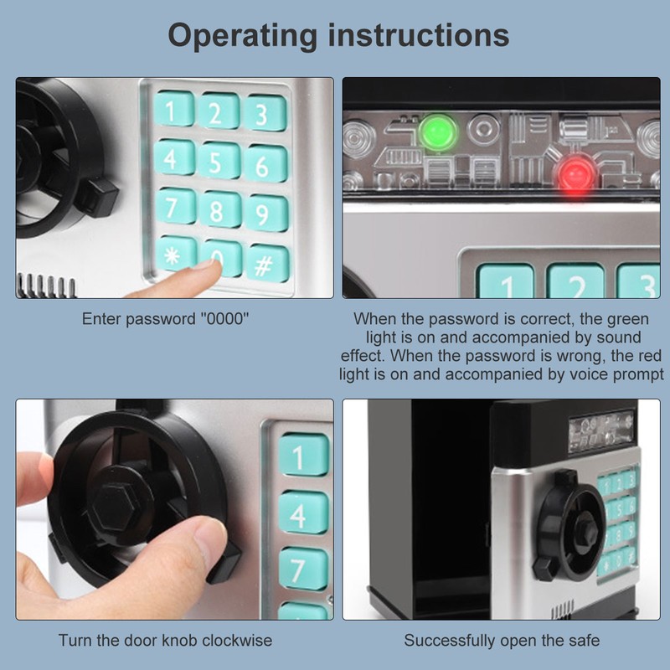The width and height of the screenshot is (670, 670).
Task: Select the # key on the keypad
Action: pyautogui.click(x=266, y=262)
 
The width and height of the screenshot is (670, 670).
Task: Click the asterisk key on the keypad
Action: pyautogui.click(x=175, y=255)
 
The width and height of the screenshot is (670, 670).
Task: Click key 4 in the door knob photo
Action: pyautogui.click(x=304, y=513)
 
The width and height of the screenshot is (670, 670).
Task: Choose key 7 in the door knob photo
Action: pyautogui.click(x=304, y=569)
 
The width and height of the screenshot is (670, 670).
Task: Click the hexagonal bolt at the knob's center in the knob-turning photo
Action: pyautogui.click(x=117, y=507)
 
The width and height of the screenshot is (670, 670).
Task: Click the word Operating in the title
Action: pyautogui.click(x=242, y=35)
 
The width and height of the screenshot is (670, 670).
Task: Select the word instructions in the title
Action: pyautogui.click(x=419, y=34)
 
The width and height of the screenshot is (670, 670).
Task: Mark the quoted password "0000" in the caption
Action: pyautogui.click(x=224, y=319)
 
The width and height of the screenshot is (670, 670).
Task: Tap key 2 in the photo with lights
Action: pyautogui.click(x=575, y=281)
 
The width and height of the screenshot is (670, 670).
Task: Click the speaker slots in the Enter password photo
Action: pyautogui.click(x=46, y=286)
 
